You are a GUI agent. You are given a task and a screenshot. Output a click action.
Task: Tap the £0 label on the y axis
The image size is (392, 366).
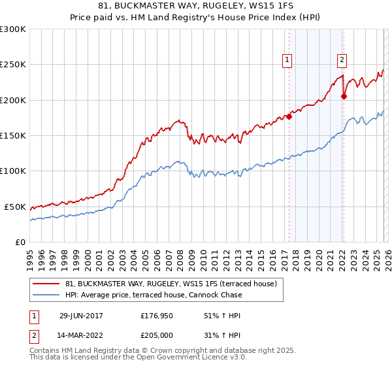coord(20,242)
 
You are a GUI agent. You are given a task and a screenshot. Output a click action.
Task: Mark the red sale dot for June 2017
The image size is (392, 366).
coord(289,117)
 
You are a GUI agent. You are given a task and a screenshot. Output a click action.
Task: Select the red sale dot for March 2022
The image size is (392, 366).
coord(344,97)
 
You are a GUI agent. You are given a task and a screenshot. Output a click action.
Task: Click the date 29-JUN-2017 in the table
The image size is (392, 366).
coord(80,316)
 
